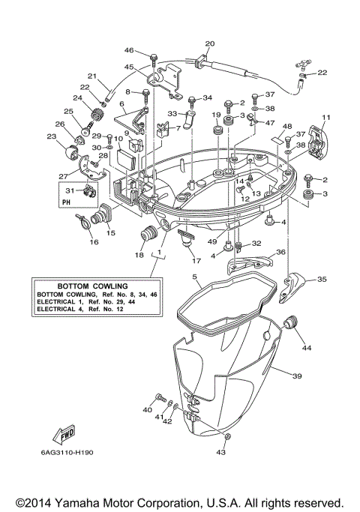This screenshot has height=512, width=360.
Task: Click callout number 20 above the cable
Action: pos(209,44)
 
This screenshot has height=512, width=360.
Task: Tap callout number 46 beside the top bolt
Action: pos(129,50)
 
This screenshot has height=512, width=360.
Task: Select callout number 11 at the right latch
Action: pos(325,118)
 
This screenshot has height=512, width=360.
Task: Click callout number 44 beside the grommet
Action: pos(306,348)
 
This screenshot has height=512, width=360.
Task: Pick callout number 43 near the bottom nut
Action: pos(221,452)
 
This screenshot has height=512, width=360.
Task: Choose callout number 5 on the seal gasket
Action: pos(195,277)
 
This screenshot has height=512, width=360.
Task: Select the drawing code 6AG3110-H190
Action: pos(58,454)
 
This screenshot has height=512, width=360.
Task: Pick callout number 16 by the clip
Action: pos(94,242)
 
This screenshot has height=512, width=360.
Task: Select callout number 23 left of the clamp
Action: pos(51,136)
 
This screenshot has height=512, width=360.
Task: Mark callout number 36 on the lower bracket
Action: pos(280,253)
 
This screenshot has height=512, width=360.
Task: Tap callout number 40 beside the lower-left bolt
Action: pos(147,410)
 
